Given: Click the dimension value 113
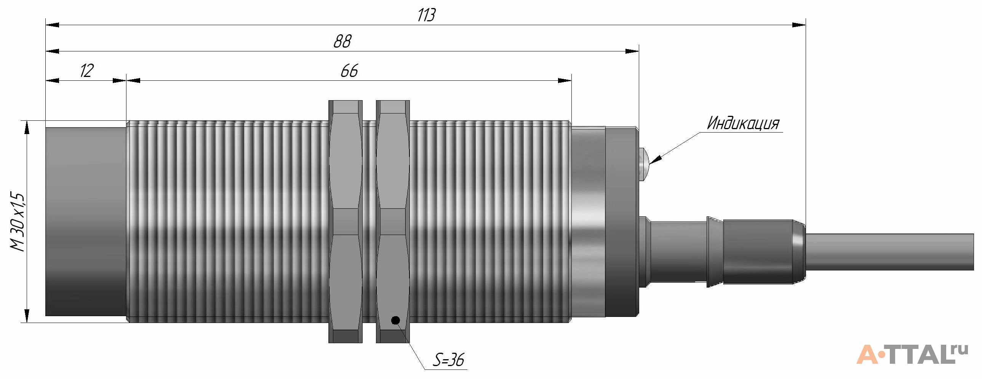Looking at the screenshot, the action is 426,15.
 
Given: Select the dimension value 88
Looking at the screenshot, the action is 342,41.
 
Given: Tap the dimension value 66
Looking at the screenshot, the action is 349,71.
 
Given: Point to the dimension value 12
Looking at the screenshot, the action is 86,71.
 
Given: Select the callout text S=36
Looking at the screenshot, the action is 449,360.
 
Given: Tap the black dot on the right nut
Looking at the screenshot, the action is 395,320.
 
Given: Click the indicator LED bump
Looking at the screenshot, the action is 643,163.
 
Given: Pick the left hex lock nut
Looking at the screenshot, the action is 345,222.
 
